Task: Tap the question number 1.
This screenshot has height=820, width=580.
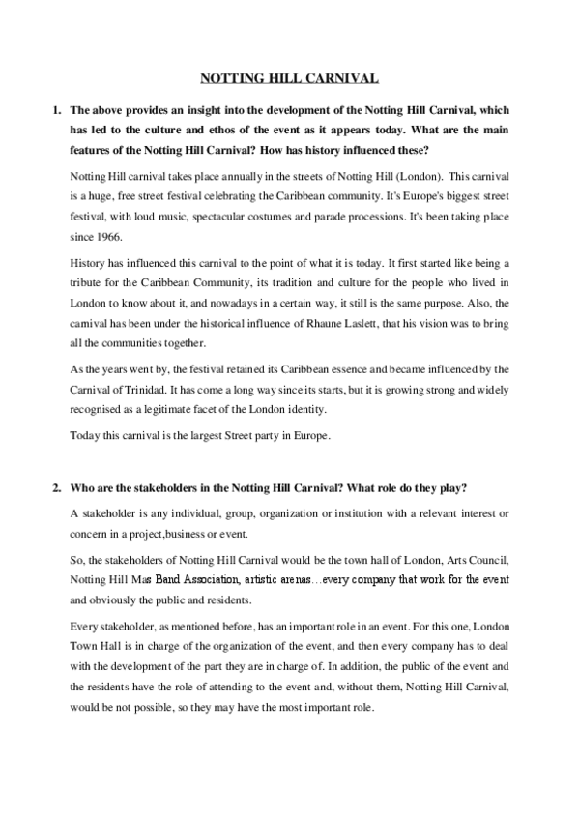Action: [56, 112]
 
